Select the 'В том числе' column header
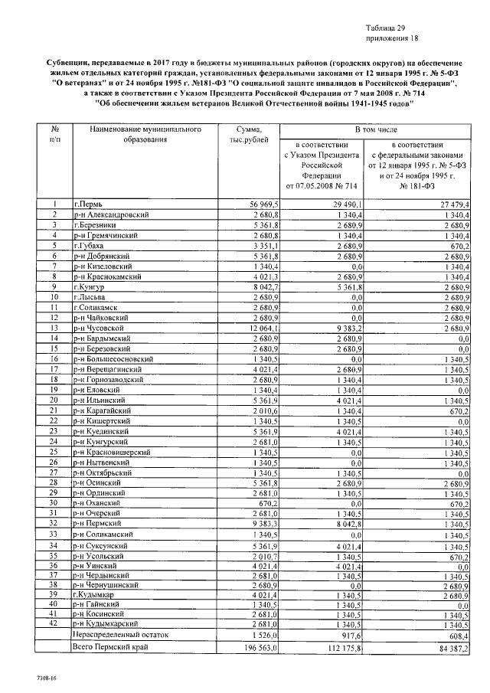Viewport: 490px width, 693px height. click(x=374, y=131)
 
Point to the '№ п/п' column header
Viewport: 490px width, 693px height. click(x=55, y=136)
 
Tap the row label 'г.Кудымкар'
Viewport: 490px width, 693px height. click(x=96, y=593)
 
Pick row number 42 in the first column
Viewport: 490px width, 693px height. click(x=55, y=624)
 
